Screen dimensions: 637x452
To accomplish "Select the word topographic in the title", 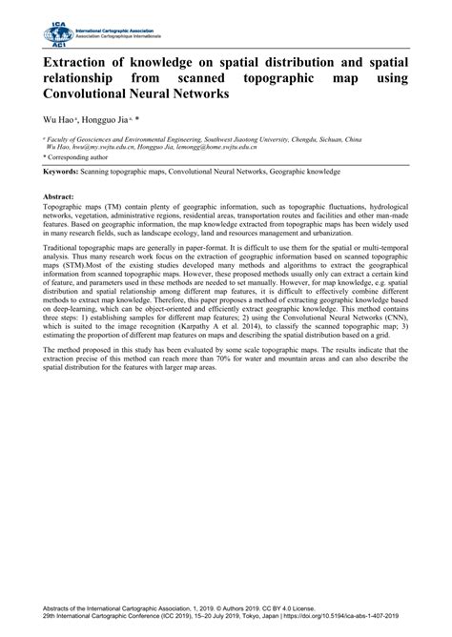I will pyautogui.click(x=284, y=79).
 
